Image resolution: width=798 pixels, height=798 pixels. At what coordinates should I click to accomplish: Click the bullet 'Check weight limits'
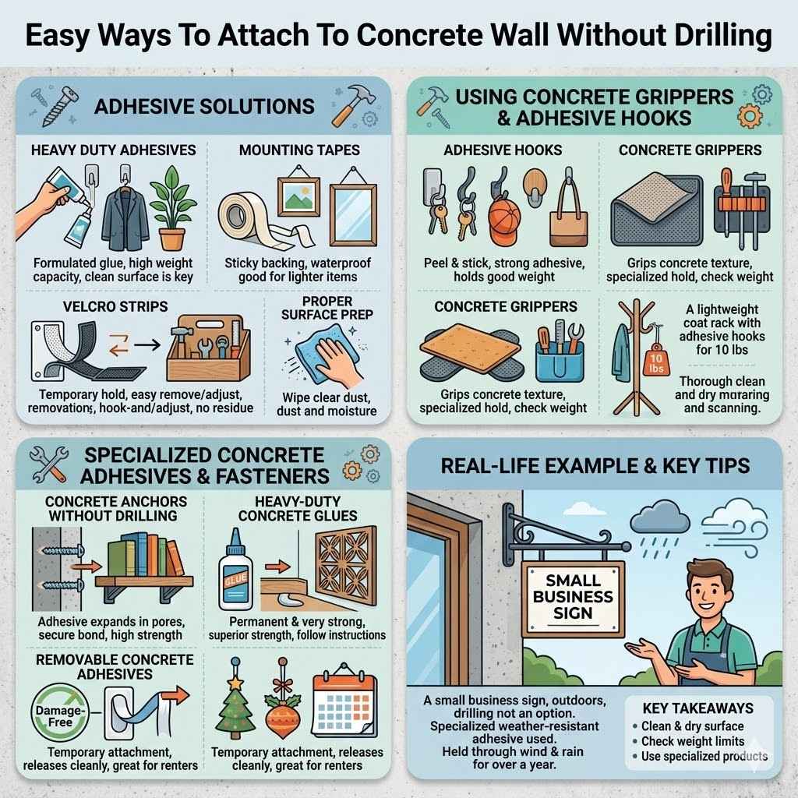(x=693, y=741)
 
